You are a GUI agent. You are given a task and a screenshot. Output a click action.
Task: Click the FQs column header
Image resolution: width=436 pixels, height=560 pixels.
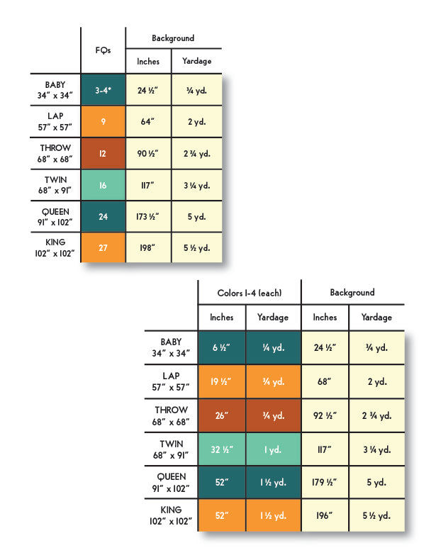pyautogui.click(x=103, y=50)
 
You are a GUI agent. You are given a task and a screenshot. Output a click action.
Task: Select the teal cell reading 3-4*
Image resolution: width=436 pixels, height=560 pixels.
pyautogui.click(x=104, y=90)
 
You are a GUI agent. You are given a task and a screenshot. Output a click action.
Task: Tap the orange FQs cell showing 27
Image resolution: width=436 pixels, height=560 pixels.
pyautogui.click(x=104, y=247)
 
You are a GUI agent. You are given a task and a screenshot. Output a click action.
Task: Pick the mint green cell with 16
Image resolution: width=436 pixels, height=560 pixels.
pyautogui.click(x=104, y=185)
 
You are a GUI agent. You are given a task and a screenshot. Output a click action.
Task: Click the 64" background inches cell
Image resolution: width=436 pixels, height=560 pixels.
pyautogui.click(x=148, y=121)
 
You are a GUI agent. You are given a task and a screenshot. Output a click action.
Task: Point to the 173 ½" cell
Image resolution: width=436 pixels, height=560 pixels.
pyautogui.click(x=148, y=216)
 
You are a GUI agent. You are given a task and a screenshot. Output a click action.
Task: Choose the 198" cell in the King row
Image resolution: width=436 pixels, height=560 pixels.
pyautogui.click(x=148, y=247)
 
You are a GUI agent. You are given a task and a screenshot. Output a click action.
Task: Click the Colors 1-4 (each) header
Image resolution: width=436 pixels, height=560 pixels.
pyautogui.click(x=250, y=293)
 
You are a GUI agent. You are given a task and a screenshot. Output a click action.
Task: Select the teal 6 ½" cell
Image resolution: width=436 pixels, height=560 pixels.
pyautogui.click(x=222, y=347)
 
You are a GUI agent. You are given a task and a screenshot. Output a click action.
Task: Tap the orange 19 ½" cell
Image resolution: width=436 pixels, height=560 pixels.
pyautogui.click(x=222, y=381)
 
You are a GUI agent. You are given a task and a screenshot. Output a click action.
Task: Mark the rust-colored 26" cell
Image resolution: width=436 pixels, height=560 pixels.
pyautogui.click(x=222, y=415)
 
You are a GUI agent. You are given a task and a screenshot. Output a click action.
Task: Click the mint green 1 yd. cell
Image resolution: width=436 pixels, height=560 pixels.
pyautogui.click(x=273, y=449)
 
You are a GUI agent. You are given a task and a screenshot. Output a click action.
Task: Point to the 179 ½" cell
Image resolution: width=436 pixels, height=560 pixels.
pyautogui.click(x=325, y=482)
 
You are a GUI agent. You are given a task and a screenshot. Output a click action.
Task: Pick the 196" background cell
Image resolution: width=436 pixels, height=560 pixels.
pyautogui.click(x=325, y=515)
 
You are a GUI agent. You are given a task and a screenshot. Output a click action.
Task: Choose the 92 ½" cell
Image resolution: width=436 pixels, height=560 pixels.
pyautogui.click(x=325, y=415)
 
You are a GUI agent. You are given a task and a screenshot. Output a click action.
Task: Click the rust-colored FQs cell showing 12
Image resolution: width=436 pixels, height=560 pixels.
pyautogui.click(x=104, y=154)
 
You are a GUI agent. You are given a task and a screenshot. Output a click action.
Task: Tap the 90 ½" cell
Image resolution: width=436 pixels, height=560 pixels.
pyautogui.click(x=148, y=154)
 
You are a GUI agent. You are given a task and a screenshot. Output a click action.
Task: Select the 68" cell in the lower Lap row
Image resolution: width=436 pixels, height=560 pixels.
pyautogui.click(x=325, y=381)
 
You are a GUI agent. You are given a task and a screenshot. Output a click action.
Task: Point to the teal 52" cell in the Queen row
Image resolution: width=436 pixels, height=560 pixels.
pyautogui.click(x=222, y=482)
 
